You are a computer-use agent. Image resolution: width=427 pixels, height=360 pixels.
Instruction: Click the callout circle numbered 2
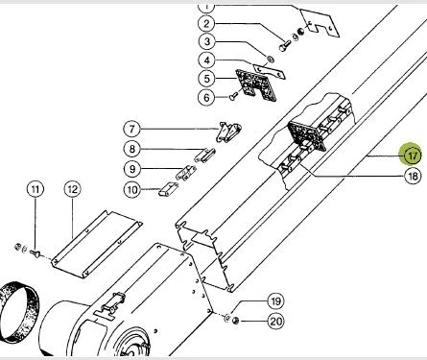pyautogui.click(x=206, y=24)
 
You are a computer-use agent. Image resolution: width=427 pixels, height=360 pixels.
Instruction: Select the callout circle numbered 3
pyautogui.click(x=207, y=41)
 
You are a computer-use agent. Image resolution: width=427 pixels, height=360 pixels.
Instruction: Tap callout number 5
pyautogui.click(x=207, y=79)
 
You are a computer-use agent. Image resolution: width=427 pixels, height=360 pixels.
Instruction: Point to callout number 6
pyautogui.click(x=206, y=97)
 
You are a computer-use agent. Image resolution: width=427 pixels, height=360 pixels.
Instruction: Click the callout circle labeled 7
pyautogui.click(x=132, y=129)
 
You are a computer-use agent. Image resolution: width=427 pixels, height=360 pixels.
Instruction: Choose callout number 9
pyautogui.click(x=132, y=169)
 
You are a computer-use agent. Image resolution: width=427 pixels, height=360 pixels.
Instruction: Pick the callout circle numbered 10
pyautogui.click(x=132, y=190)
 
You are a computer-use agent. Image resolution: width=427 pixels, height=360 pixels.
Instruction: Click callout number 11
pyautogui.click(x=36, y=189)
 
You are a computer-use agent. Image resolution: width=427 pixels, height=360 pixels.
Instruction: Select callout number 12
pyautogui.click(x=72, y=189)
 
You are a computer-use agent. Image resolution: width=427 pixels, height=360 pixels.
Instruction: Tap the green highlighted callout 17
pyautogui.click(x=413, y=156)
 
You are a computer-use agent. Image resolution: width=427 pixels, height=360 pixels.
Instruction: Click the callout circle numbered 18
pyautogui.click(x=413, y=176)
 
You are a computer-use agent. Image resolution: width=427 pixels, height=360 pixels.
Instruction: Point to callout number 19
pyautogui.click(x=275, y=301)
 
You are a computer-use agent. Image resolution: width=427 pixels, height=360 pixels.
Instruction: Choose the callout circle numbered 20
pyautogui.click(x=275, y=321)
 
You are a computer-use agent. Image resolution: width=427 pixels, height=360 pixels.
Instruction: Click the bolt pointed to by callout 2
pyautogui.click(x=284, y=46)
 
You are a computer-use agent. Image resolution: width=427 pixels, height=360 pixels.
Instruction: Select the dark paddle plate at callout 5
pyautogui.click(x=255, y=85)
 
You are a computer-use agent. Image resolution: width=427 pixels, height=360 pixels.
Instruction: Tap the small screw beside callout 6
pyautogui.click(x=233, y=96)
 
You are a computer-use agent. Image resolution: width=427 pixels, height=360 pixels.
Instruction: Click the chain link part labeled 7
pyautogui.click(x=228, y=132)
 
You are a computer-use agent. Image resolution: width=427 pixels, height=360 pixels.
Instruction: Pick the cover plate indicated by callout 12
pyautogui.click(x=96, y=244)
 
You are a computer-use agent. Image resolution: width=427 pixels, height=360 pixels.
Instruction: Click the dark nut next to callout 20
pyautogui.click(x=236, y=320)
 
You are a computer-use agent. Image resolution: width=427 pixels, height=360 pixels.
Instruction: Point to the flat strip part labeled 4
pyautogui.click(x=269, y=70)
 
